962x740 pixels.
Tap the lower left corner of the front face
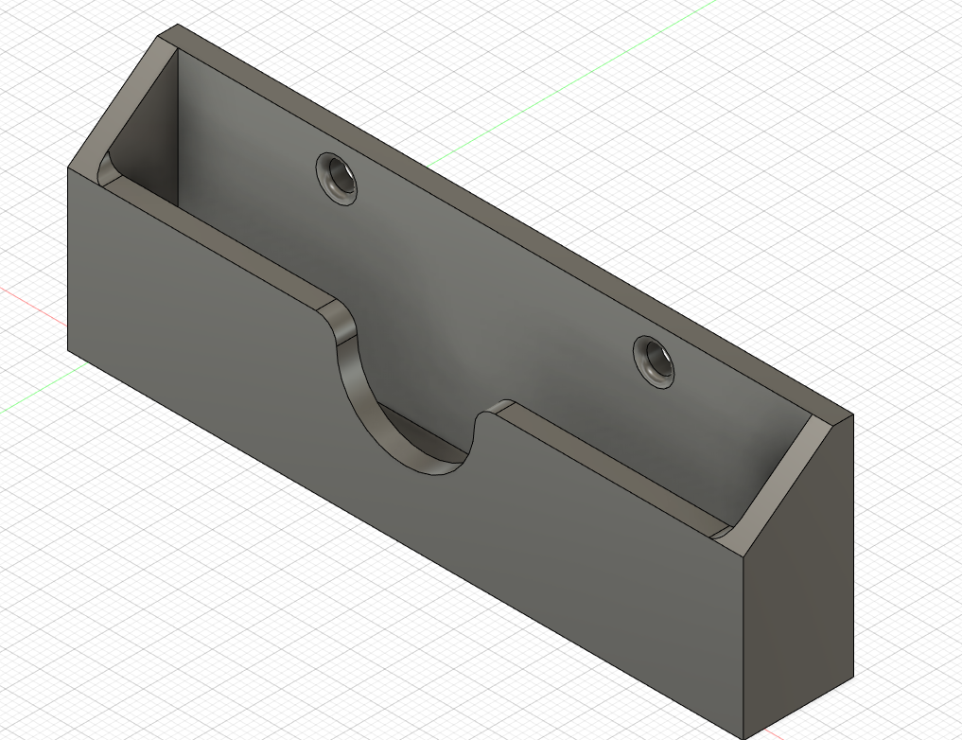[68, 349]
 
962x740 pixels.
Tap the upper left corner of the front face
[68, 168]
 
